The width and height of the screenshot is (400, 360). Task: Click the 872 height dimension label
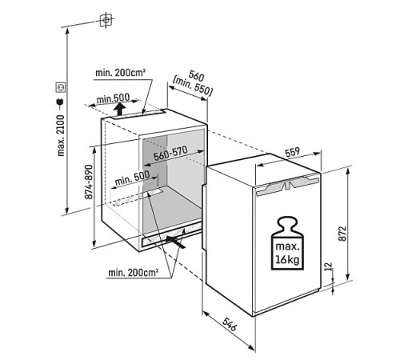342,234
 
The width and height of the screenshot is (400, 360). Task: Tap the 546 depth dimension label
230,324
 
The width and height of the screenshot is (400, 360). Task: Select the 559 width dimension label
292,153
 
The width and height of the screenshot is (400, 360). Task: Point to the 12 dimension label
329,266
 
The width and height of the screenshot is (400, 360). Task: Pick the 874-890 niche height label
89,182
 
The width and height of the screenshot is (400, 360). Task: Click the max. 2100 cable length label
61,135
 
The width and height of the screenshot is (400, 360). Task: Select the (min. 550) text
193,86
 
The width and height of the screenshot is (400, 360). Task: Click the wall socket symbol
61,87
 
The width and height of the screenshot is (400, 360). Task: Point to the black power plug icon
60,103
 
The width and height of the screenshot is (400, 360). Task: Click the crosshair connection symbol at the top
106,20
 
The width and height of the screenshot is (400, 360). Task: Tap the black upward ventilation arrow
120,110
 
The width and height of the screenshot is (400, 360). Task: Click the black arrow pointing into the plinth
175,242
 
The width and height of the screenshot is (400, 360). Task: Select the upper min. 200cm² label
121,73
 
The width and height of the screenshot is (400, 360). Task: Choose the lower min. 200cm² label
134,273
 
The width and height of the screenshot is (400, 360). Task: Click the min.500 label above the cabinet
113,98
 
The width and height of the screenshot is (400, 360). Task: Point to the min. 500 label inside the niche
132,178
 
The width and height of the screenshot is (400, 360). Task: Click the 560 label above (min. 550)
196,75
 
